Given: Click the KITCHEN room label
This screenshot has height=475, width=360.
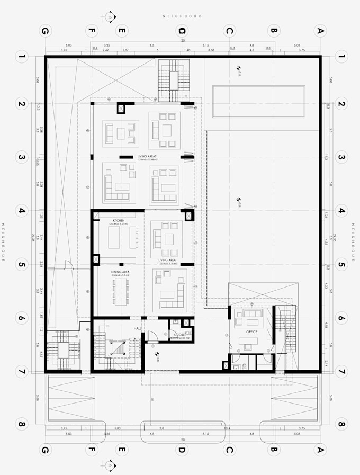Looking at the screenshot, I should [x=118, y=220].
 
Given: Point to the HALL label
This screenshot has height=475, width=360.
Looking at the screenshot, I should [x=137, y=329].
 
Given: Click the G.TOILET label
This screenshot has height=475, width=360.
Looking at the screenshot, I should [x=179, y=335].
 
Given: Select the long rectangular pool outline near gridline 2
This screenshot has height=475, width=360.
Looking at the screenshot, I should [x=258, y=101].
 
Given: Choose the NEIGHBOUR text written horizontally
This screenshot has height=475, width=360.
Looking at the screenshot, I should [x=182, y=16].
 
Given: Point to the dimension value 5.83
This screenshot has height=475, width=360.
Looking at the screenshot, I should [x=118, y=428].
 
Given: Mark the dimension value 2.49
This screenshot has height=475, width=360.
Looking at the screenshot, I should [x=106, y=50].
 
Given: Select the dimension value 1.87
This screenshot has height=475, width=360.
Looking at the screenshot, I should [x=125, y=50].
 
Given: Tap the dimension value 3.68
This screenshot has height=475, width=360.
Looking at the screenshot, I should [x=211, y=50].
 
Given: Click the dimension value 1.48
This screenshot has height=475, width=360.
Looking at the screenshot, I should [x=187, y=50].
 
